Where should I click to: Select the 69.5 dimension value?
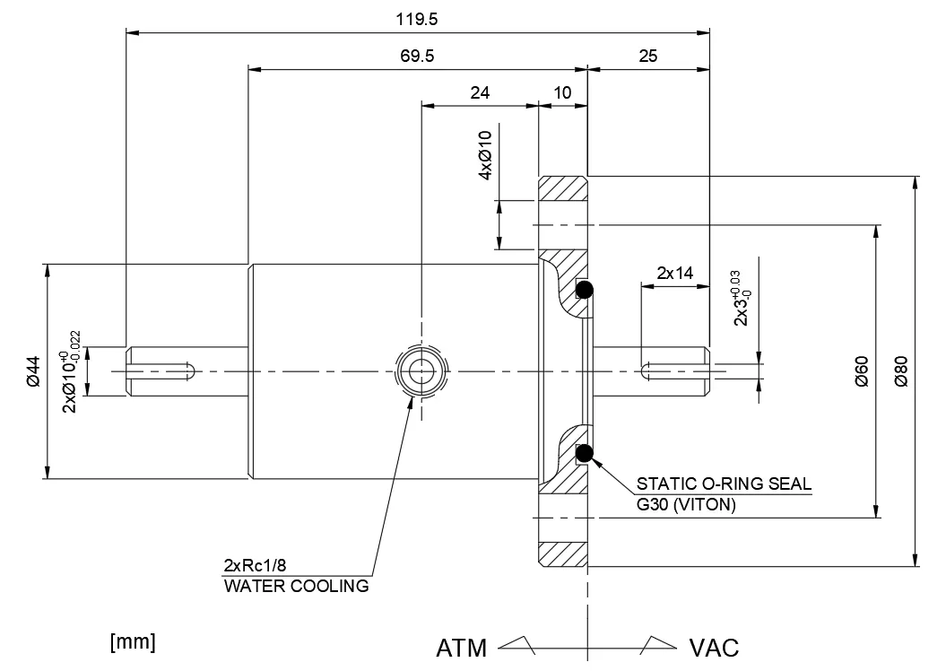click(417, 56)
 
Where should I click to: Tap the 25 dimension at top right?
click(647, 56)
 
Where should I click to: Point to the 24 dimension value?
click(480, 92)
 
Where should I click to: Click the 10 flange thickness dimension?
click(562, 92)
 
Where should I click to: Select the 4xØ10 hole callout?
click(485, 155)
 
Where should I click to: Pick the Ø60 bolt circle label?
click(862, 370)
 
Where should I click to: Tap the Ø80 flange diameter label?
click(901, 370)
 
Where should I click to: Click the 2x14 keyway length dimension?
click(675, 273)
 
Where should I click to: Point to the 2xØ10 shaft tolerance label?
click(72, 370)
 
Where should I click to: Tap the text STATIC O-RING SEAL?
click(724, 484)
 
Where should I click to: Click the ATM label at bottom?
click(461, 647)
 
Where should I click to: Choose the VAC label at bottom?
click(714, 647)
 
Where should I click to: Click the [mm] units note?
click(132, 642)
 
